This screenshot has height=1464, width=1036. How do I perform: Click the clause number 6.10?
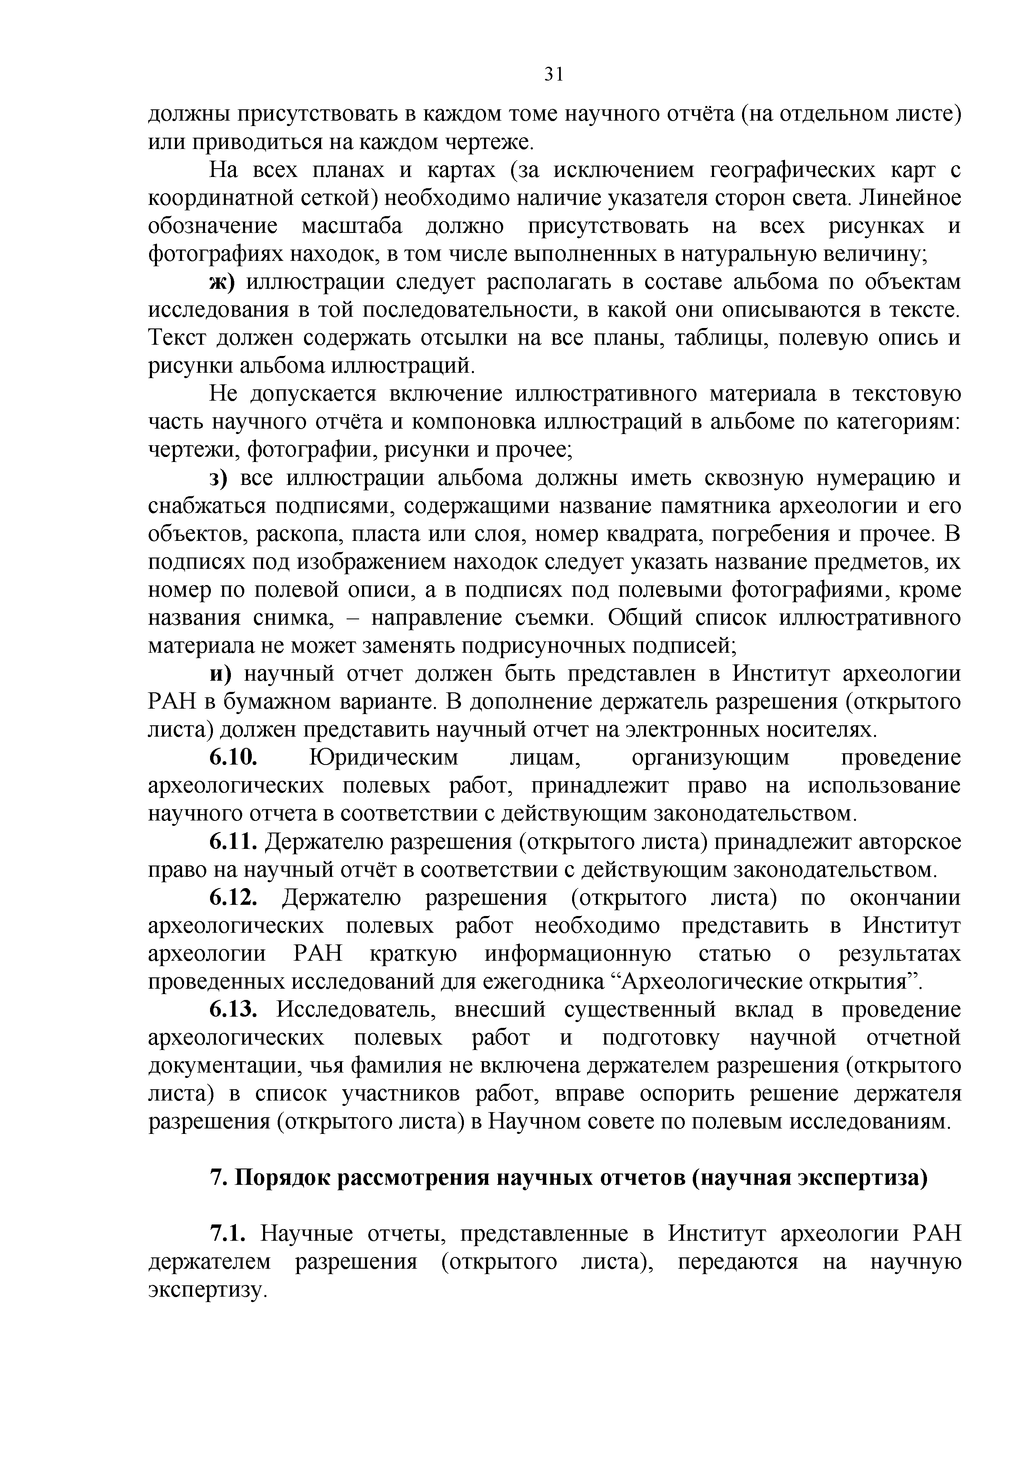point(233,758)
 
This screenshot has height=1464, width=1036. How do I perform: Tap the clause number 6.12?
point(233,899)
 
